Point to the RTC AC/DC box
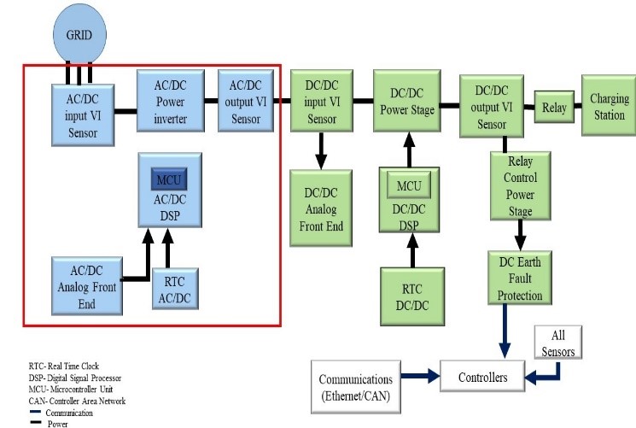pyautogui.click(x=176, y=288)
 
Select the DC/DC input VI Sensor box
pyautogui.click(x=322, y=101)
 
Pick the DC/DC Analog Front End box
pyautogui.click(x=322, y=208)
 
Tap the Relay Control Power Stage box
pyautogui.click(x=519, y=186)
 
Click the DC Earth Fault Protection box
pyautogui.click(x=520, y=278)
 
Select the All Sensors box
pyautogui.click(x=559, y=342)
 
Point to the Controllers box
pyautogui.click(x=482, y=377)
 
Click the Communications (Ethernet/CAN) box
pyautogui.click(x=368, y=386)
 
